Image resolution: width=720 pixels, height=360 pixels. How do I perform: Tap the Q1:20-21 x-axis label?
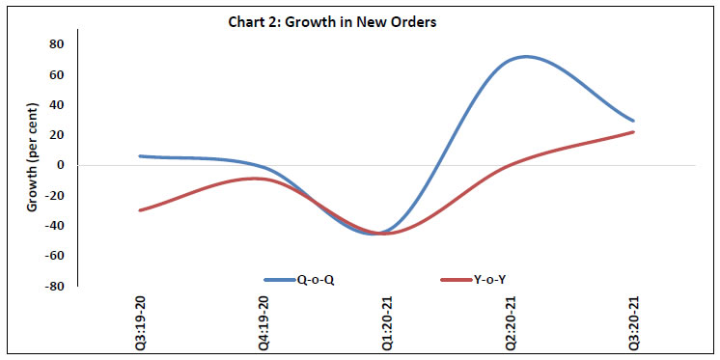[387, 318]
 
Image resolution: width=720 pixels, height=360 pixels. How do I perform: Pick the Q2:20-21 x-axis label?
[510, 318]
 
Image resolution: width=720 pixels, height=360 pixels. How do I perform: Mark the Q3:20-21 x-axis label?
[633, 318]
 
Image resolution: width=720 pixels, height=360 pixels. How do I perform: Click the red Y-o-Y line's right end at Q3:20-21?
[633, 131]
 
